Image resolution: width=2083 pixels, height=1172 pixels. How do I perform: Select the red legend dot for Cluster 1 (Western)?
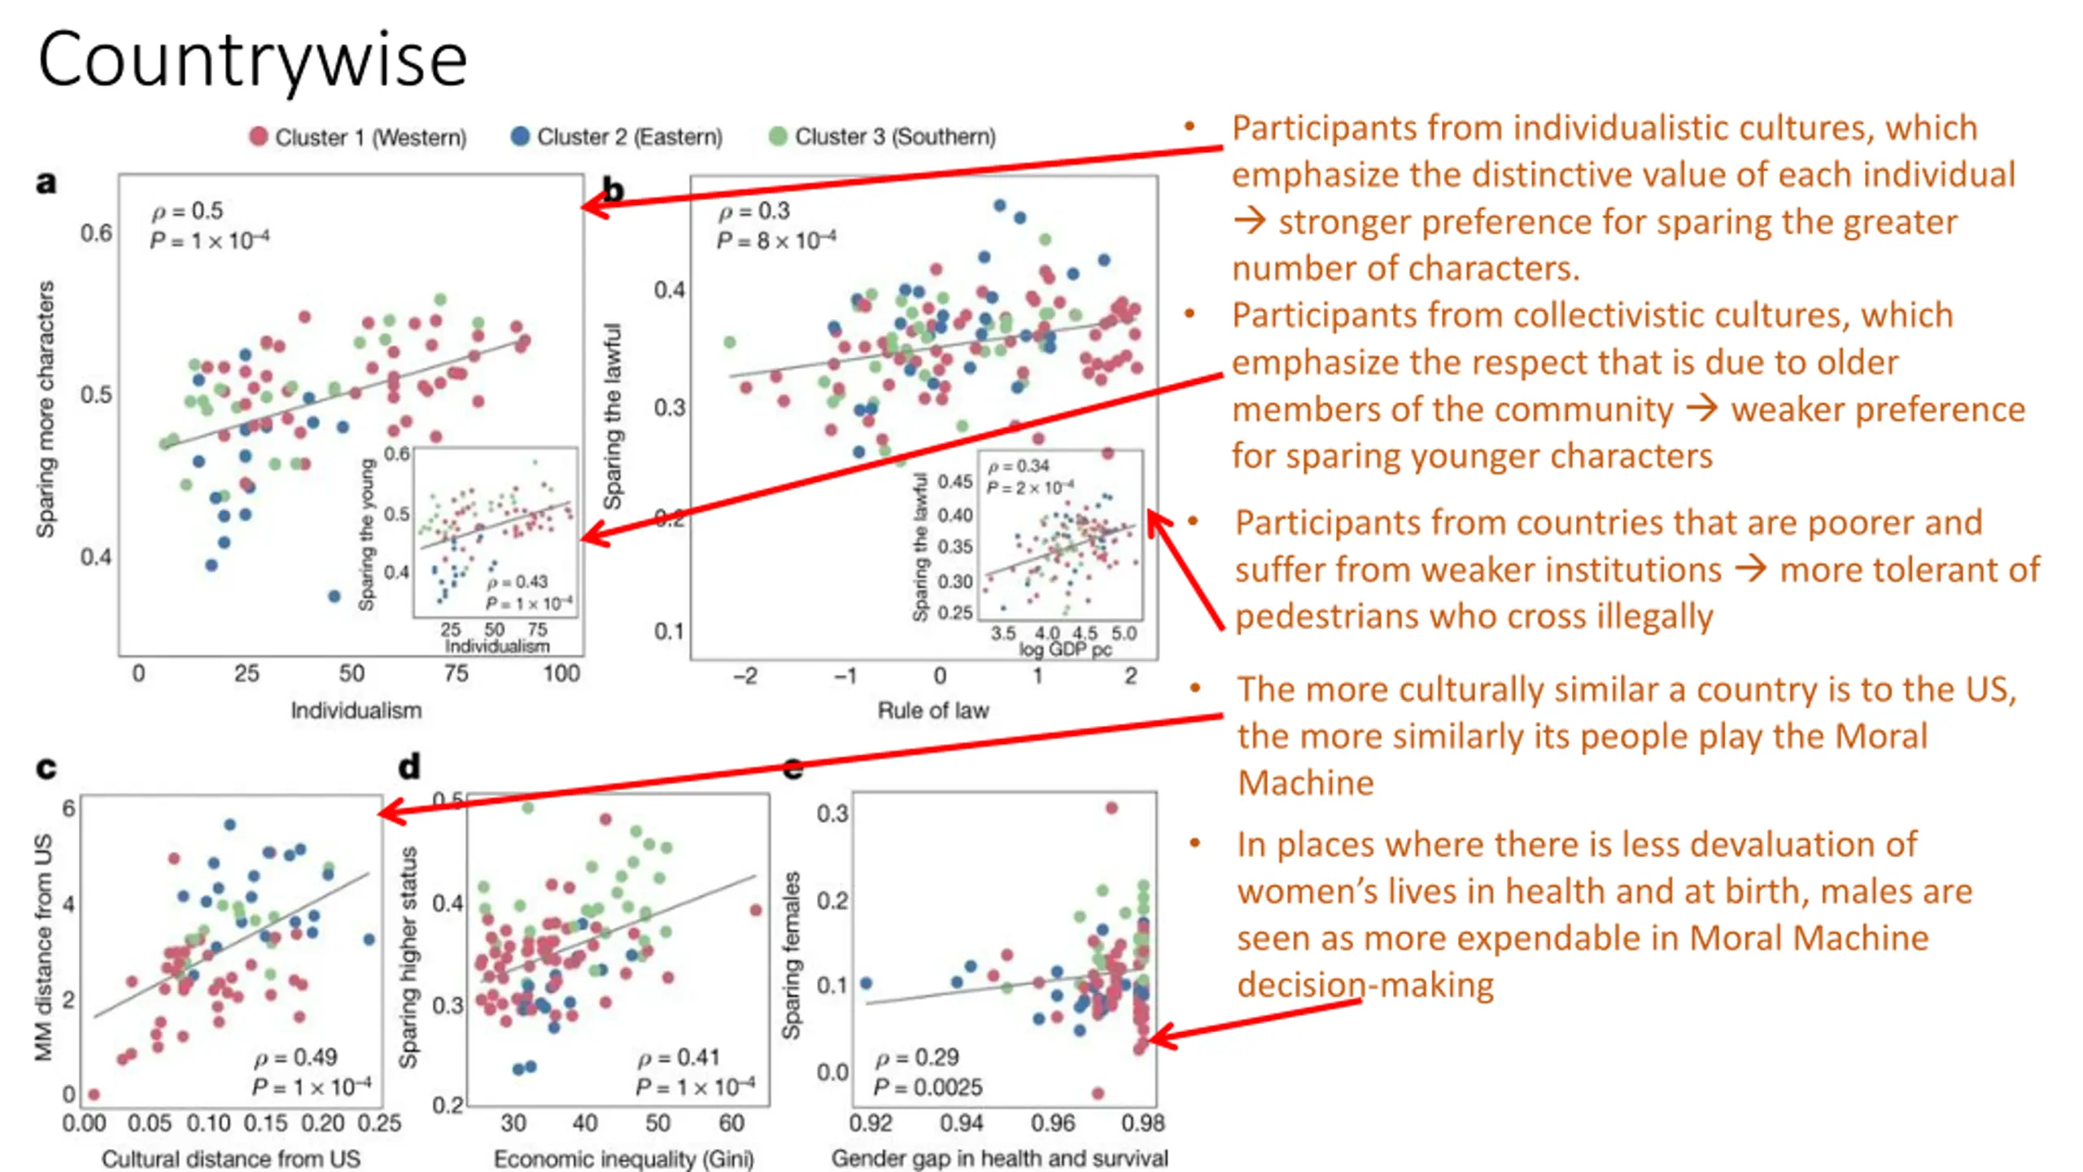(259, 137)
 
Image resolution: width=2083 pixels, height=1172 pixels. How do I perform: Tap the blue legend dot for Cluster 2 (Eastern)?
(520, 137)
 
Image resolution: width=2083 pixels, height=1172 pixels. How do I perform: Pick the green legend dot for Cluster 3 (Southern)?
(778, 137)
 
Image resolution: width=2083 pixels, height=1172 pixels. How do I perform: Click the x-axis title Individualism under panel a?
(356, 711)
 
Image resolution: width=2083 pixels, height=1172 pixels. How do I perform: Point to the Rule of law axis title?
(933, 711)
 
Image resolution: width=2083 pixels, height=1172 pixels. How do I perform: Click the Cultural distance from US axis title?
(230, 1158)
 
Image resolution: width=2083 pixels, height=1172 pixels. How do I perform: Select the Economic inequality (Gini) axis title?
(624, 1158)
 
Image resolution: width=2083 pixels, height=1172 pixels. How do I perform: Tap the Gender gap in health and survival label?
(999, 1158)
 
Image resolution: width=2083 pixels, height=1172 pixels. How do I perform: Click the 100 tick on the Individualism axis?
(561, 674)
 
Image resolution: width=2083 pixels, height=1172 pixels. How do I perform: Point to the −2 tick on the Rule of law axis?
(745, 676)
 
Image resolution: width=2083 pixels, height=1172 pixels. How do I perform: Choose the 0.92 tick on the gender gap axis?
(871, 1123)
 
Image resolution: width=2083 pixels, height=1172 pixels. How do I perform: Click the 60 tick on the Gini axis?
(731, 1123)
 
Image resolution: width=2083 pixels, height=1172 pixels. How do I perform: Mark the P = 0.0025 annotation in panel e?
(928, 1087)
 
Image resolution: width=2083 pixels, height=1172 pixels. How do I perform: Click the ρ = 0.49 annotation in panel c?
(295, 1057)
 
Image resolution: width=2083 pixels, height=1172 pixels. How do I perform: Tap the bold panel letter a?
(46, 182)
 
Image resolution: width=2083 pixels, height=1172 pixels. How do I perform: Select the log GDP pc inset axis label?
(1065, 649)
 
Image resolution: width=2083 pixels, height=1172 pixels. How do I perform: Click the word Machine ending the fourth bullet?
(1305, 783)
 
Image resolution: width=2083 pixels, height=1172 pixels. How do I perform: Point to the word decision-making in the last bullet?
(1365, 985)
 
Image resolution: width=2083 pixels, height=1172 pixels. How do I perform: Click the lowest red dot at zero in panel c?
(94, 1095)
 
